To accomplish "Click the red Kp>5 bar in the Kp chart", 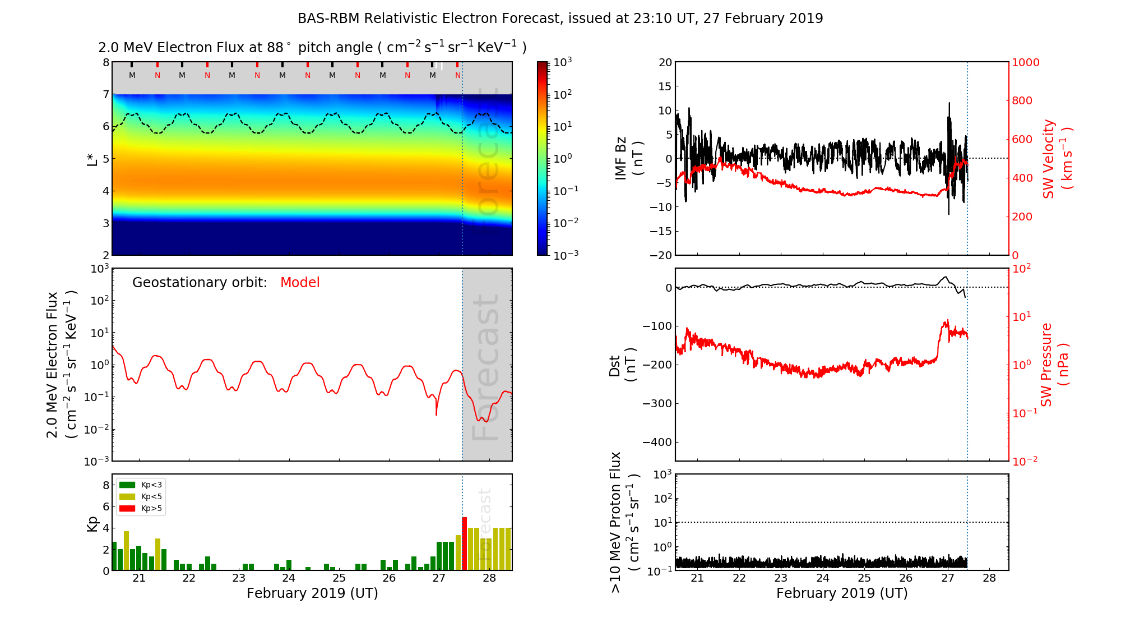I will tap(464, 543).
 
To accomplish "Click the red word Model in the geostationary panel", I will tap(300, 283).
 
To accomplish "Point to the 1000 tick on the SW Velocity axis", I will tap(1026, 62).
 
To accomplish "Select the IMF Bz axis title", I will tap(628, 158).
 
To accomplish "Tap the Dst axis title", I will tap(622, 365).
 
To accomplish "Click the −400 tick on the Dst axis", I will tap(657, 442).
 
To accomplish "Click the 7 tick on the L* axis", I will tap(105, 94).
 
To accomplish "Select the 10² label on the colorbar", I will tap(562, 94).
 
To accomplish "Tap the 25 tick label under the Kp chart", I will tap(339, 578).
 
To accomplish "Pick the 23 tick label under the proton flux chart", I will tap(781, 578).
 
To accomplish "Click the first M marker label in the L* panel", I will tap(132, 75).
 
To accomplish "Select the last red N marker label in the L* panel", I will tap(458, 75).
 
